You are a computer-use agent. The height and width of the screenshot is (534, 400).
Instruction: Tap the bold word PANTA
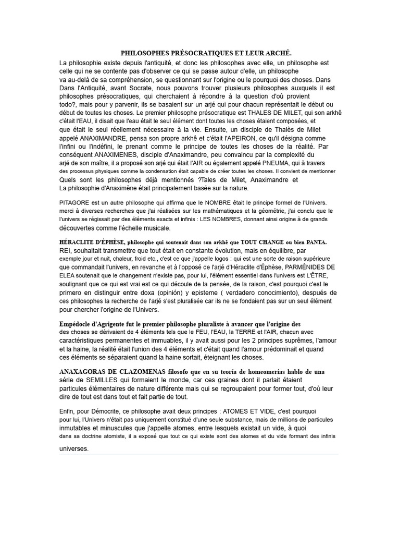pos(316,242)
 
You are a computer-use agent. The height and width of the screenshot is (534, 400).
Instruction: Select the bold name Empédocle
pos(78,324)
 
